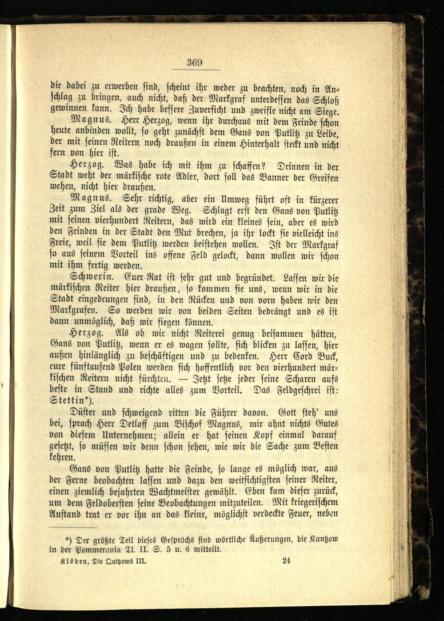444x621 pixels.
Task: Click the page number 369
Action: [x=195, y=63]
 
